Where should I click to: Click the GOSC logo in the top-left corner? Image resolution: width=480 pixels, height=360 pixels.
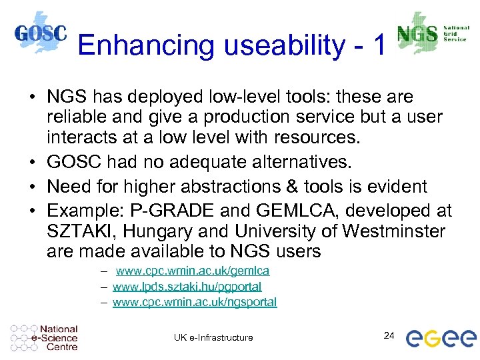40,33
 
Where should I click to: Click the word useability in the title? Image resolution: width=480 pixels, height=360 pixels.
273,45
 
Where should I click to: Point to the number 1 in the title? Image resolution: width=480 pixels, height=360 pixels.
379,45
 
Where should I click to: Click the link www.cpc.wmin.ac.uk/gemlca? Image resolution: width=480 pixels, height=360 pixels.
193,271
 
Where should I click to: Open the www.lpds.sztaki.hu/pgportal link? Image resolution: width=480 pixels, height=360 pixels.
187,287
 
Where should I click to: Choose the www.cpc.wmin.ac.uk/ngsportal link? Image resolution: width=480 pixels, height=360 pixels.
195,302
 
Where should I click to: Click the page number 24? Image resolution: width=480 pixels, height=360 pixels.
390,335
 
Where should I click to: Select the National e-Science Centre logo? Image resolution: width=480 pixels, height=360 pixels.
45,337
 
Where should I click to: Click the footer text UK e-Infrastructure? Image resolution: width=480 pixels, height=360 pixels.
213,337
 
